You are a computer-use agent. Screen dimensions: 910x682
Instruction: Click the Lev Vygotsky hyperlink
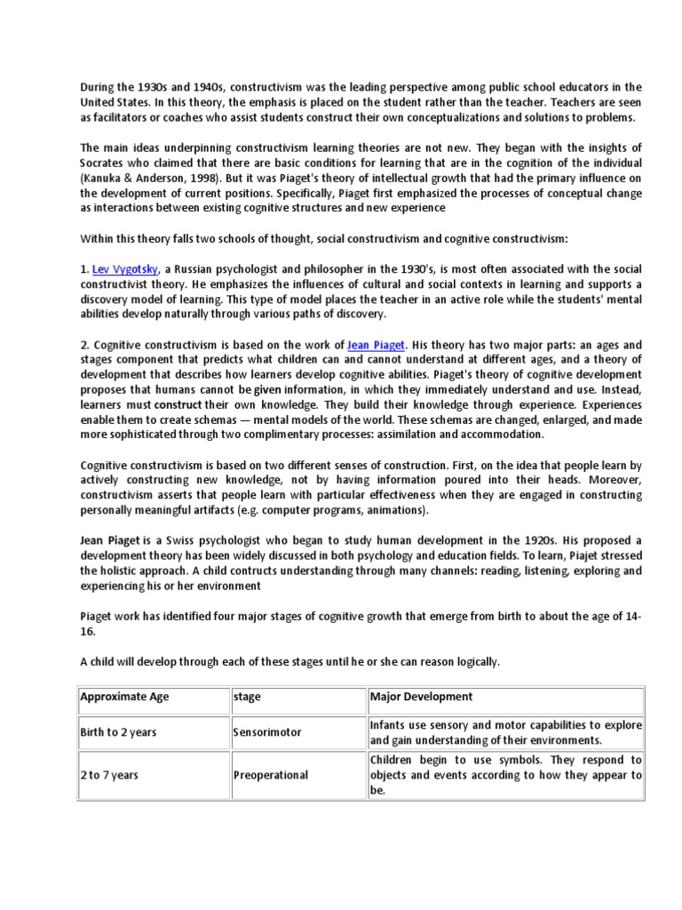click(x=127, y=268)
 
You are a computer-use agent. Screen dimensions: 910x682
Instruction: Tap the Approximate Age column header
click(x=124, y=697)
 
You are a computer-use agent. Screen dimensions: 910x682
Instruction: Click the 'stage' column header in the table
click(x=247, y=697)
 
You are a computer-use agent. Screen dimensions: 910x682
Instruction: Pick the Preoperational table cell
click(x=271, y=775)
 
